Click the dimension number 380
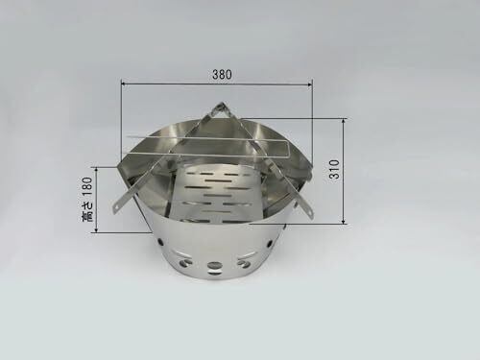(x=222, y=75)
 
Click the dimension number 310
(x=334, y=169)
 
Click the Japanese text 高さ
(x=87, y=211)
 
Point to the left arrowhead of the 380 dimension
(x=124, y=84)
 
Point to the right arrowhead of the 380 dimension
(x=310, y=84)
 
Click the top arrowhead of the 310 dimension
(x=344, y=121)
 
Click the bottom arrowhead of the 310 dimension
(x=344, y=222)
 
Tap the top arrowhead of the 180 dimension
(x=96, y=169)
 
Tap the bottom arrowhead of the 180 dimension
(x=96, y=230)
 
